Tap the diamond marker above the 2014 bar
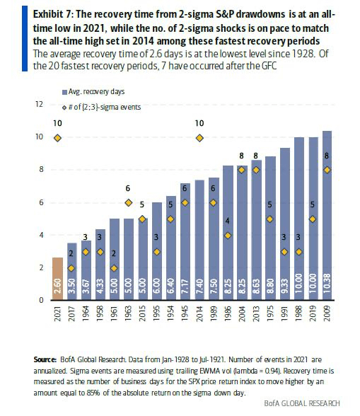pos(199,137)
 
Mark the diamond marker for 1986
pos(228,236)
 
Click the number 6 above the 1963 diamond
pos(128,189)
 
